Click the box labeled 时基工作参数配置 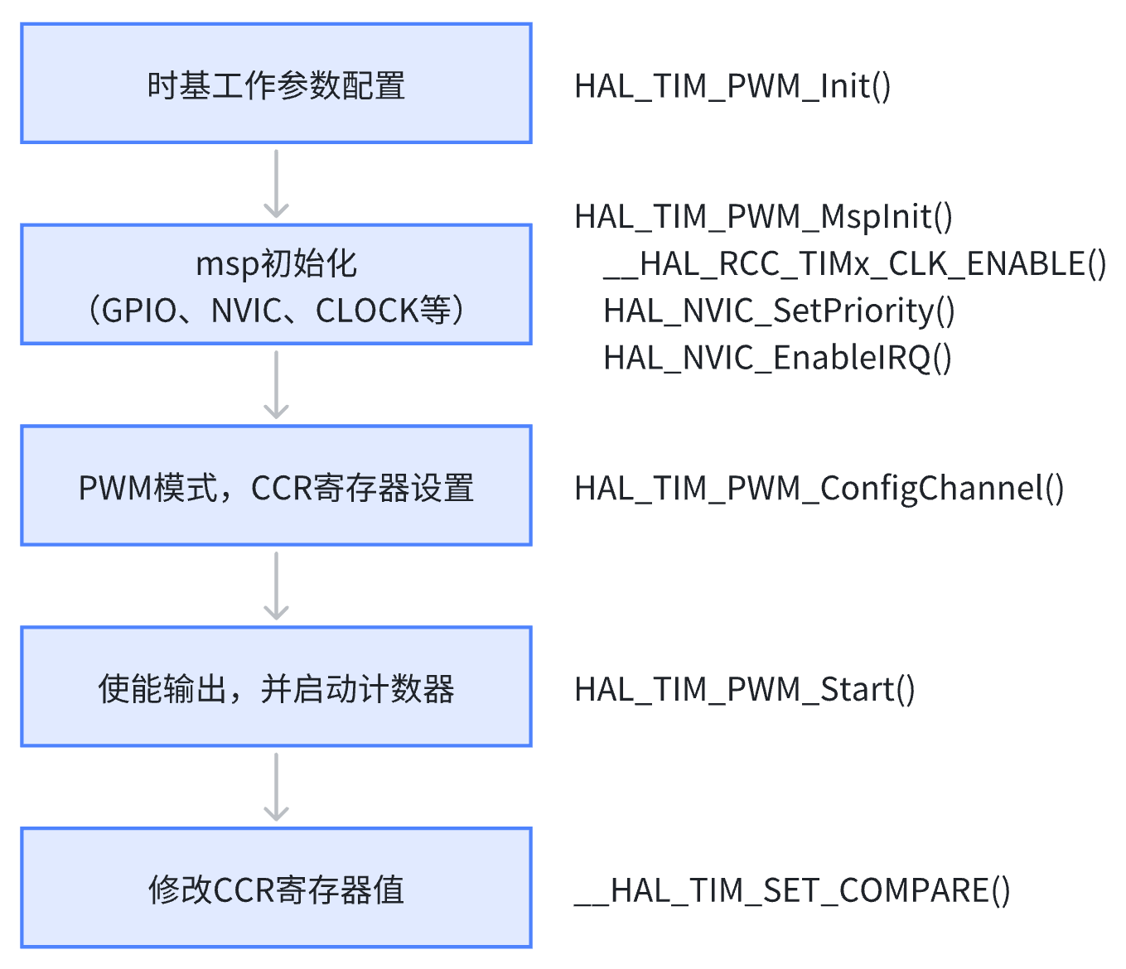[276, 84]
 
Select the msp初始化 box [276, 284]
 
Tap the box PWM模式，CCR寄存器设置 [276, 486]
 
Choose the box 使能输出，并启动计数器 [276, 687]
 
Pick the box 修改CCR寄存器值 [276, 888]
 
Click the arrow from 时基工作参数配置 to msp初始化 [276, 184]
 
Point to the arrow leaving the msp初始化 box [276, 385]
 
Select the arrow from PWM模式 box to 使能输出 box [276, 586]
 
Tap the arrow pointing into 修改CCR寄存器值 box [276, 788]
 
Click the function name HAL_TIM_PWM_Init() [732, 86]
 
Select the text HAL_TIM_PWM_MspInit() [763, 217]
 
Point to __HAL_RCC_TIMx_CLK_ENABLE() [854, 264]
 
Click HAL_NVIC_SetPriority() [779, 311]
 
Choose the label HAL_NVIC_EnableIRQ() [777, 359]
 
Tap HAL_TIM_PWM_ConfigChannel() [819, 489]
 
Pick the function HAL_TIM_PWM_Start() [744, 690]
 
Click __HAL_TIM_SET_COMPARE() [792, 891]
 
